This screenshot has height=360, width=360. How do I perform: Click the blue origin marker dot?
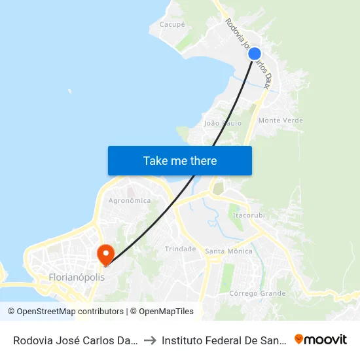click(x=255, y=54)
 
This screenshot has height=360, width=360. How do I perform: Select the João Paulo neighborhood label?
click(x=223, y=123)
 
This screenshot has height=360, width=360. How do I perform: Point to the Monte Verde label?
click(x=280, y=120)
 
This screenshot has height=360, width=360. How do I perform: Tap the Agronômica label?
click(x=130, y=200)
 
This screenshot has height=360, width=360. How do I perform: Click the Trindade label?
click(x=180, y=249)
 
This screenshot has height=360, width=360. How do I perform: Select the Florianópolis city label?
click(x=77, y=278)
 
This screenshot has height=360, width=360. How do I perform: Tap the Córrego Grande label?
click(x=257, y=293)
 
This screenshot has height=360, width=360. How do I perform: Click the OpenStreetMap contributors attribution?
click(x=66, y=312)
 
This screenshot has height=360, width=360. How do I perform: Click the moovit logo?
click(x=321, y=339)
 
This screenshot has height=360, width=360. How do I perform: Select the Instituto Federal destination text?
click(x=222, y=340)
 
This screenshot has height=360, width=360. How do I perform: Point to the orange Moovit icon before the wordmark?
click(x=300, y=339)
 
